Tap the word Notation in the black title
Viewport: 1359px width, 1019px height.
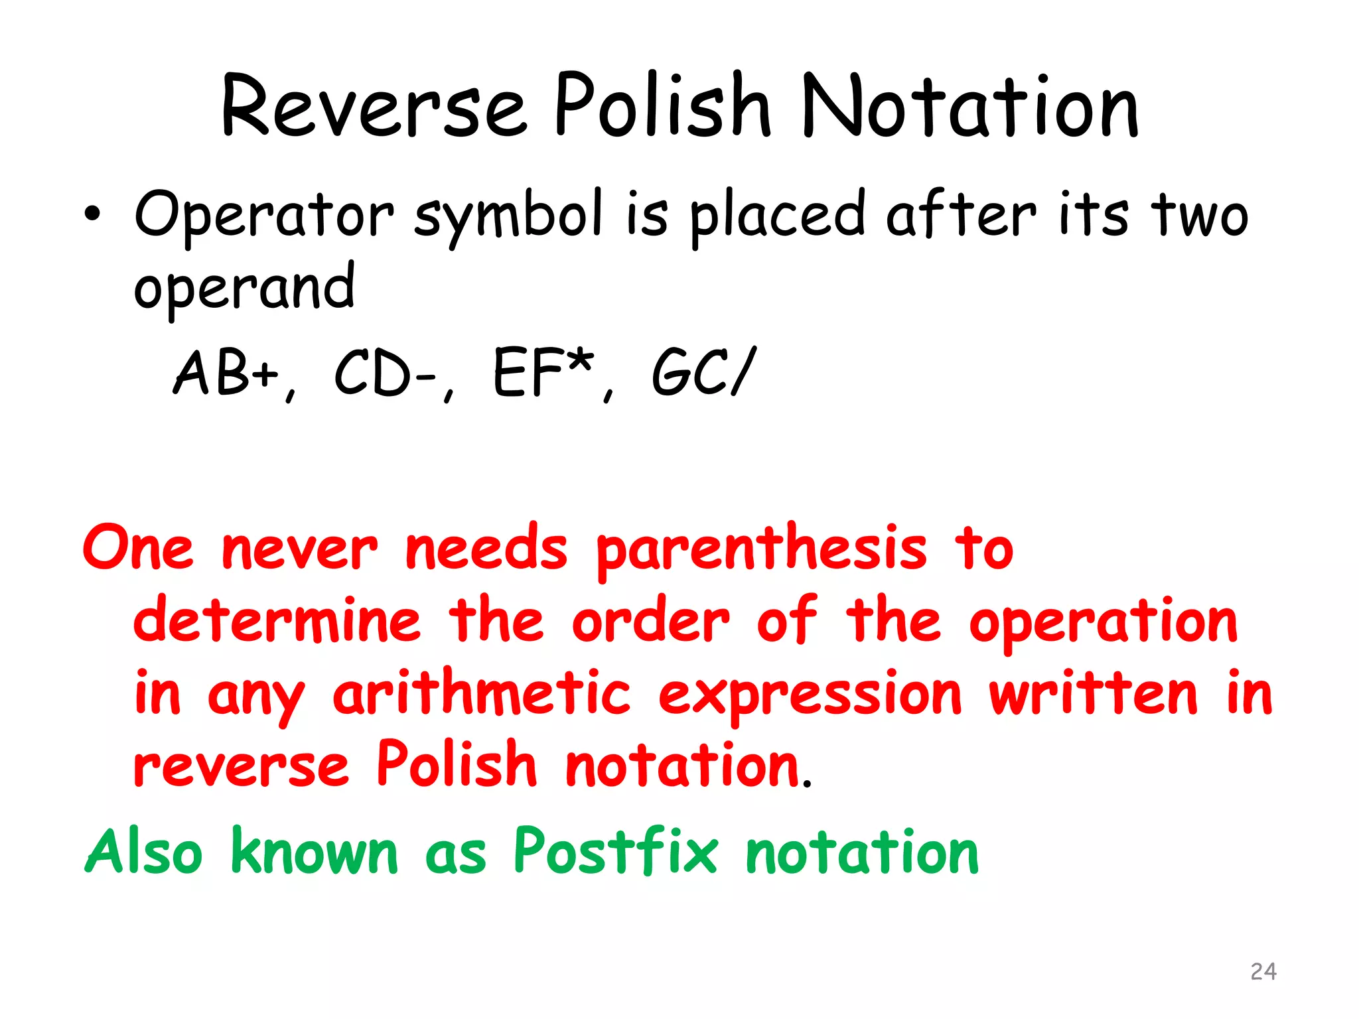[970, 106]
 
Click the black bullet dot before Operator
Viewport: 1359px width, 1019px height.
[92, 214]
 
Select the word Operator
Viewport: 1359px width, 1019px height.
[264, 214]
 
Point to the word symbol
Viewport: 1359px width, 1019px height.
[508, 216]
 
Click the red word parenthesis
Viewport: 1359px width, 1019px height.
[762, 550]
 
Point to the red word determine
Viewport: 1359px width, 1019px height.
[277, 621]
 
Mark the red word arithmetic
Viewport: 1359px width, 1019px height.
[482, 694]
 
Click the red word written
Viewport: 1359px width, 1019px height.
[1094, 693]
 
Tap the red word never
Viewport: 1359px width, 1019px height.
[299, 550]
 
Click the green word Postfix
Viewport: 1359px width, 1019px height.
[616, 851]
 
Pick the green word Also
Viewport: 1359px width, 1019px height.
[144, 851]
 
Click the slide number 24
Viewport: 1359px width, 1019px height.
[1263, 971]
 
